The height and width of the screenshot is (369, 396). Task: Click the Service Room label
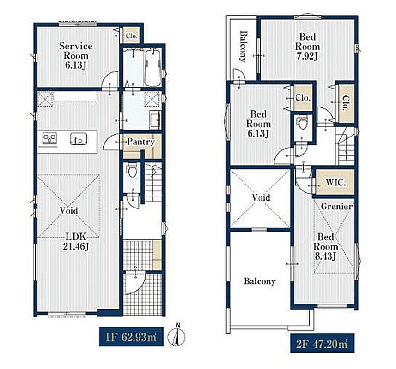pos(76,51)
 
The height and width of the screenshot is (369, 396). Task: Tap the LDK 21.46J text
pos(76,242)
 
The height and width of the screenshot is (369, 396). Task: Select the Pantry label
pos(140,142)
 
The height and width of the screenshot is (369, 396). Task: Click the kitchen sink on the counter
pos(79,139)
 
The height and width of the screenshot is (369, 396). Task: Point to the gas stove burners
pos(49,138)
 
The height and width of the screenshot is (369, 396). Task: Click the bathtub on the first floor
pos(153,67)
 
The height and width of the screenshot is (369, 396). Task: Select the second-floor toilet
pos(302,123)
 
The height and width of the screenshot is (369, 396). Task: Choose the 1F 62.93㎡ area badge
pos(131,337)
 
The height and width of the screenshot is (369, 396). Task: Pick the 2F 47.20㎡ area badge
pos(322,343)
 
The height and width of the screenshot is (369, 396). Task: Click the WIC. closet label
pos(335,182)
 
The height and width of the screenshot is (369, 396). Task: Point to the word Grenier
pos(336,207)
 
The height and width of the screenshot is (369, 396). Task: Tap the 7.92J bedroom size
pos(307,56)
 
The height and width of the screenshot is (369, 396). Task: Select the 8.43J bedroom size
pos(326,256)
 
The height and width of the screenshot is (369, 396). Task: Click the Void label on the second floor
pos(261,197)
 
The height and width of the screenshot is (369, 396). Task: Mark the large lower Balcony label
pos(260,281)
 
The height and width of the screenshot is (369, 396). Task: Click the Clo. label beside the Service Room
pos(131,36)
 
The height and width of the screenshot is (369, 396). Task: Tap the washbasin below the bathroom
pos(154,119)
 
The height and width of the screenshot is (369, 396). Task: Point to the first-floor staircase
pos(153,182)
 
